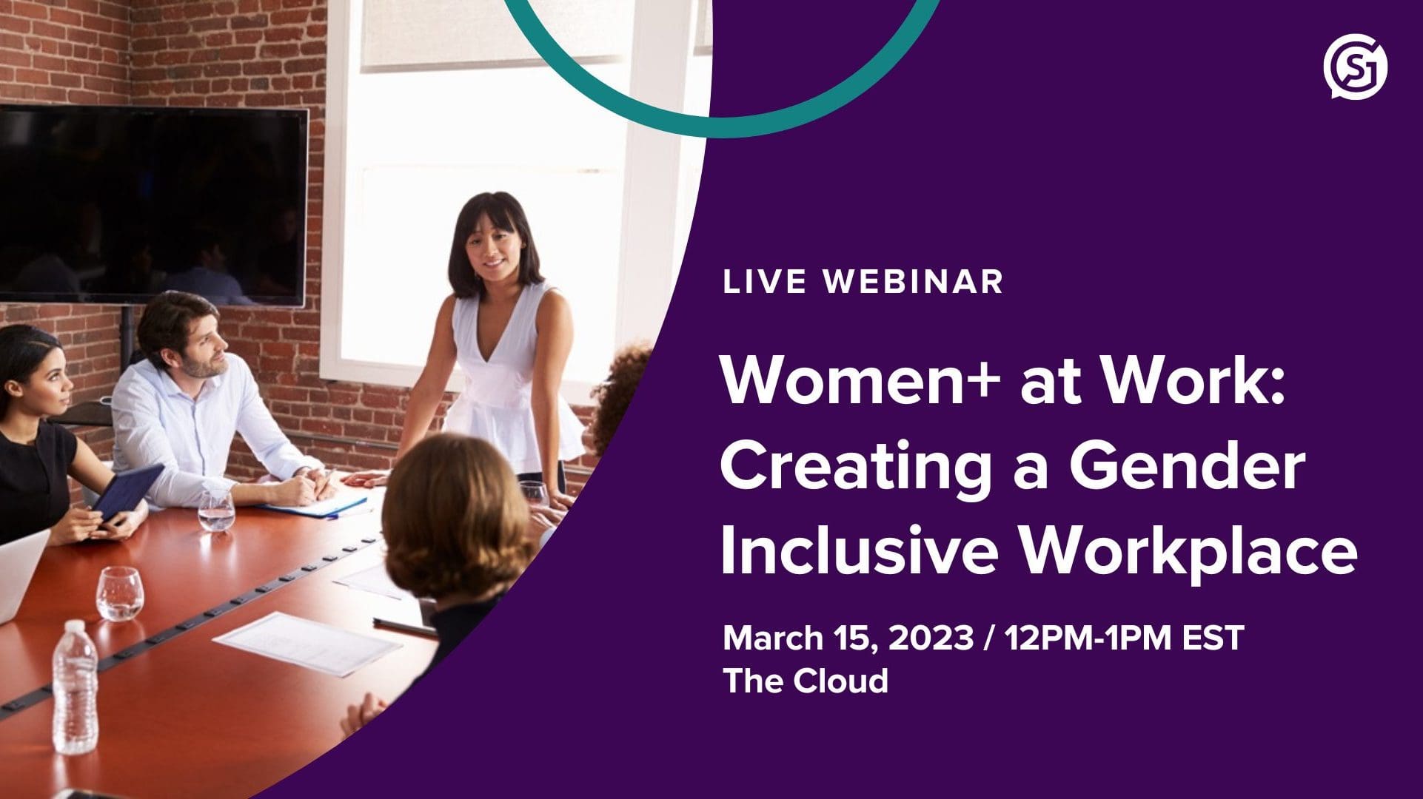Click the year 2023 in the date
coord(931,638)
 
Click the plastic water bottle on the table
coord(75,687)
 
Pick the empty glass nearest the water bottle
coord(119,593)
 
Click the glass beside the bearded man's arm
coord(216,510)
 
